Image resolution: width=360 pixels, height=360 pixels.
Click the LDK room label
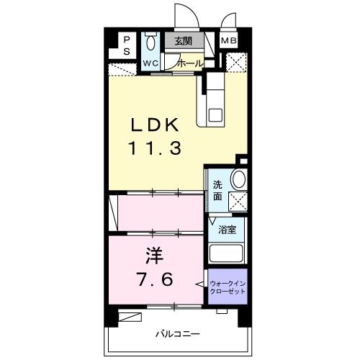tap(155, 125)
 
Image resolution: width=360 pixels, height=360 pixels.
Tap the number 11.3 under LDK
tap(156, 148)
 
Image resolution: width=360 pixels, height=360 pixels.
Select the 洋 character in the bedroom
tap(155, 256)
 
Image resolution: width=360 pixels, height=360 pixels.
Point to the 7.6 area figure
tap(155, 279)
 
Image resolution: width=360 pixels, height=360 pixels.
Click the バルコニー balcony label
tap(178, 334)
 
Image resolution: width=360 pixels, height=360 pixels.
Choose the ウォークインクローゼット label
tap(228, 287)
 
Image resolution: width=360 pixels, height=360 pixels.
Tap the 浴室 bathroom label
tap(227, 230)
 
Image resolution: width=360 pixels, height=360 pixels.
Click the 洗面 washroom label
tap(217, 191)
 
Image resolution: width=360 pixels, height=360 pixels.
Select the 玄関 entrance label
tap(184, 41)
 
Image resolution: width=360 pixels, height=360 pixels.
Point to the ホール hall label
tap(191, 63)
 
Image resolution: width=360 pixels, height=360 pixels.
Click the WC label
tap(150, 63)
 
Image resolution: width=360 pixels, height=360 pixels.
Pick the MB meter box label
tap(229, 40)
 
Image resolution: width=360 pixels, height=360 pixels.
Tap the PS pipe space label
tap(127, 45)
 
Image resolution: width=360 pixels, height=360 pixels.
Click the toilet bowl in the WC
tap(150, 42)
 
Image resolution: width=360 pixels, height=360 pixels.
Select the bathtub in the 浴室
tap(226, 253)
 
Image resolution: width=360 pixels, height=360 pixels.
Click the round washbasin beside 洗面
tap(238, 179)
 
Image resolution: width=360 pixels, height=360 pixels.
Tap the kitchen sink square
tap(215, 115)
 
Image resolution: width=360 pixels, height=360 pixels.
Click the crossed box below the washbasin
tap(238, 202)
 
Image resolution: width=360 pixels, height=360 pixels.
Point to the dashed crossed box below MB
tap(236, 63)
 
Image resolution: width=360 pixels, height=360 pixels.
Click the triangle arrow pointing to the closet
tap(200, 284)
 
